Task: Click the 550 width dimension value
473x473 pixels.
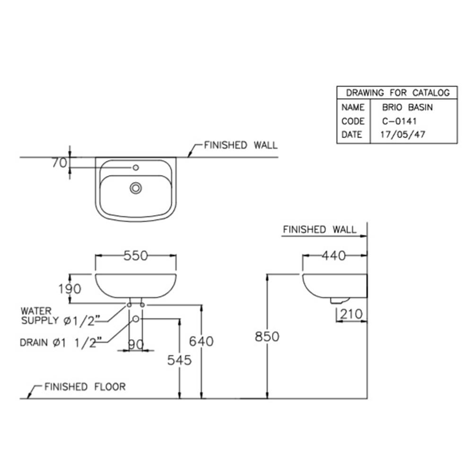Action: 136,255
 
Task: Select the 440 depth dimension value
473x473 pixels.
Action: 334,255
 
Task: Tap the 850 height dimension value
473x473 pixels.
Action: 267,336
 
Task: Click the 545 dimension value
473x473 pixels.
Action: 179,360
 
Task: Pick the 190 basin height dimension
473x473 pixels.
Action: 70,288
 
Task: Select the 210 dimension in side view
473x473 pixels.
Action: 350,314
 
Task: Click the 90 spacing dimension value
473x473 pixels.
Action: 136,345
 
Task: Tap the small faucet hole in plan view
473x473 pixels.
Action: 136,167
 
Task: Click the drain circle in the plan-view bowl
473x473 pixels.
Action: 136,188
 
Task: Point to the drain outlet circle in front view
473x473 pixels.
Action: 136,319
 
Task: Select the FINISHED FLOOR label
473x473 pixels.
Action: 85,387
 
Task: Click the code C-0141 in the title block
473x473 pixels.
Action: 400,121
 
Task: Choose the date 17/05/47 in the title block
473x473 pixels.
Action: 403,134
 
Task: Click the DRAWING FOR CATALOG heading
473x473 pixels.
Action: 397,93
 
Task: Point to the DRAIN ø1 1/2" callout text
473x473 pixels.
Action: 58,343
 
